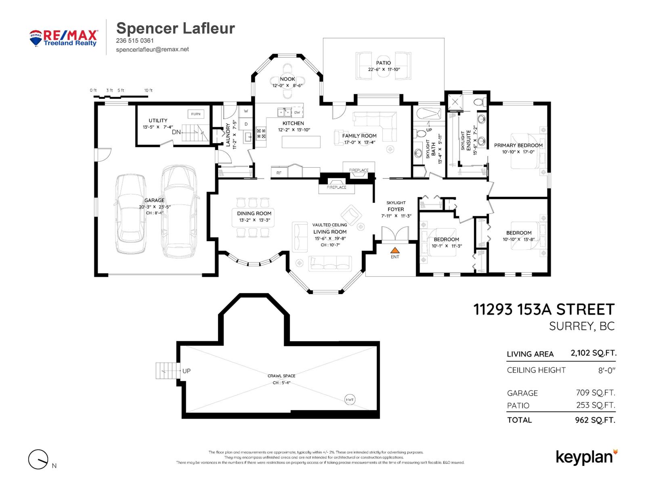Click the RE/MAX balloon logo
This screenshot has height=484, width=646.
click(36, 38)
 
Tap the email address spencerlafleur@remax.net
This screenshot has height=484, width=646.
click(152, 49)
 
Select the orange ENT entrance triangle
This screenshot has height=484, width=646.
click(395, 250)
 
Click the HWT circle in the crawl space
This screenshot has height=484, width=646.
click(350, 400)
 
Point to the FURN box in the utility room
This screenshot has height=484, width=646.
click(196, 114)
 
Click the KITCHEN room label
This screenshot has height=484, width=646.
click(293, 123)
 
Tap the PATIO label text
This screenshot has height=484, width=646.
click(383, 63)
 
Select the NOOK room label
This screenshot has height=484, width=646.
click(287, 79)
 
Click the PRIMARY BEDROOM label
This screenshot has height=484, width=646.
click(518, 145)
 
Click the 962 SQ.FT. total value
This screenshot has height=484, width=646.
click(595, 420)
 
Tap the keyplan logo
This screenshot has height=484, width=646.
click(586, 457)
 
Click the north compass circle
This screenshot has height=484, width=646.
click(38, 459)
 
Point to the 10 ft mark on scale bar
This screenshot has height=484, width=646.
click(148, 90)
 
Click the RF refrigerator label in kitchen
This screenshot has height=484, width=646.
click(279, 173)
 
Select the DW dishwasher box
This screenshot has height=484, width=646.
click(297, 113)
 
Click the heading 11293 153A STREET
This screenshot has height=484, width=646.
click(543, 309)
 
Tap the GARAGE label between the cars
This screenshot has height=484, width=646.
click(154, 200)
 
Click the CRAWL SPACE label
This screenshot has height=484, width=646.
click(281, 376)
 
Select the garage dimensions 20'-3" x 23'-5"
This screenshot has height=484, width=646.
click(155, 207)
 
